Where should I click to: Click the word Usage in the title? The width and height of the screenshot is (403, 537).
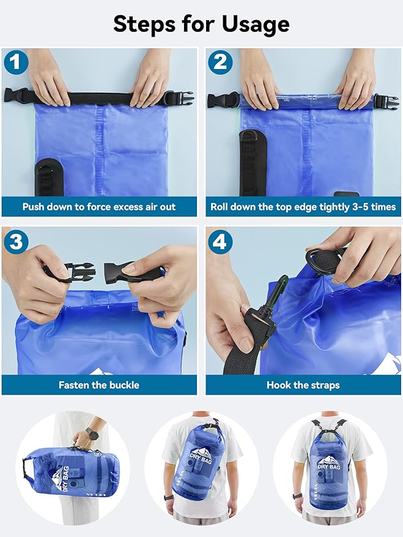pos(247,24)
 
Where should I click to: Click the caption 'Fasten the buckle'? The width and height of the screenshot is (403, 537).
pos(99,385)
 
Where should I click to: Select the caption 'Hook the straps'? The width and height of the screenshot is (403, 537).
pos(303,385)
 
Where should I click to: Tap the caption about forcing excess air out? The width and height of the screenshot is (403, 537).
pos(99,206)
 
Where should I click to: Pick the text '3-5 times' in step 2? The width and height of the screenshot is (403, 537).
pos(372,206)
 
